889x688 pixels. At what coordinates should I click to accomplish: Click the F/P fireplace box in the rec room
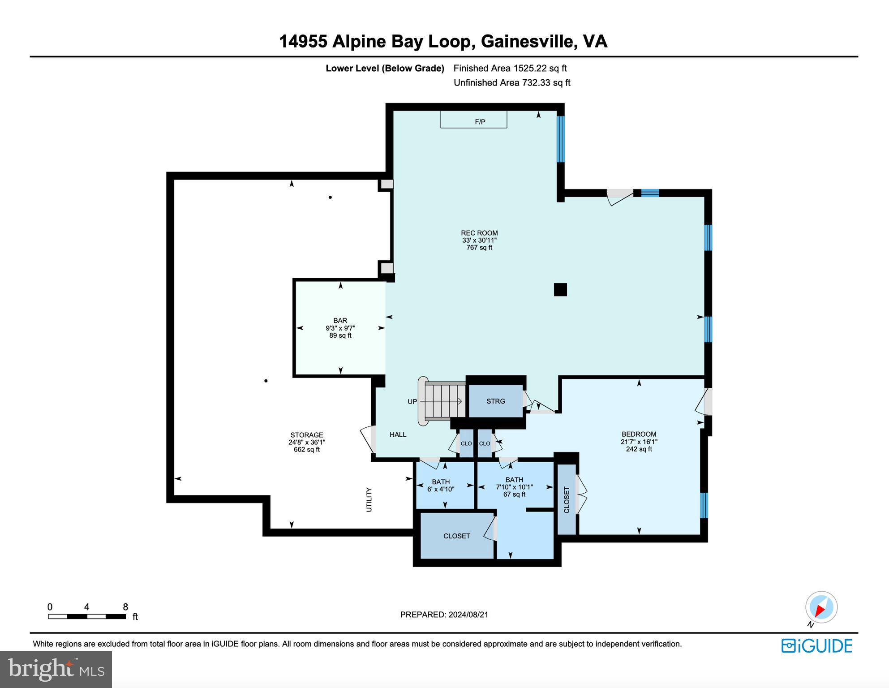click(473, 120)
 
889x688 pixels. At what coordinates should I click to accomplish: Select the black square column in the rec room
click(560, 290)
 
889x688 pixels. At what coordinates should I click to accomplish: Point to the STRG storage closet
click(495, 401)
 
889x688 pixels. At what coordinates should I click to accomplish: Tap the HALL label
click(398, 434)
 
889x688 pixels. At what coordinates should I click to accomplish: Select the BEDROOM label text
click(639, 434)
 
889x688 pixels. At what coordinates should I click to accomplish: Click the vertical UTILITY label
click(369, 499)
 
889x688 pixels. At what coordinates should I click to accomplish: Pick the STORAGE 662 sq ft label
click(307, 442)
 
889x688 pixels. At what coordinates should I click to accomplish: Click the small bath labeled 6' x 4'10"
click(441, 486)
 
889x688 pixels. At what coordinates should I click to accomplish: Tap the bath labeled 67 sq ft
click(514, 487)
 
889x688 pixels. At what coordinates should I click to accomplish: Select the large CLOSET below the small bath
click(456, 536)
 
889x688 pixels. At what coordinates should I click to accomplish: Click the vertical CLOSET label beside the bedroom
click(566, 500)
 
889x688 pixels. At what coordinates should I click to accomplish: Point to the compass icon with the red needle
click(821, 608)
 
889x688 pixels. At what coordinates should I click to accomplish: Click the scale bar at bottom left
click(87, 616)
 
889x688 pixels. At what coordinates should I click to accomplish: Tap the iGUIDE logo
click(816, 646)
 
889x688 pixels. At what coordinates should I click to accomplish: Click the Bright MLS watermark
click(56, 669)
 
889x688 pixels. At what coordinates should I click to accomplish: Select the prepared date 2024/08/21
click(444, 615)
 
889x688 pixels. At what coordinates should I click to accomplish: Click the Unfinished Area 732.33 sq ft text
click(511, 82)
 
